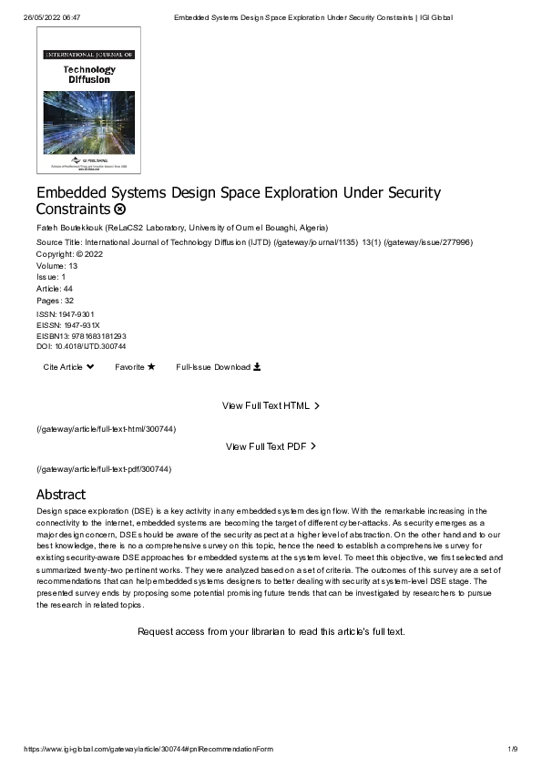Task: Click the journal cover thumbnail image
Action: (88, 99)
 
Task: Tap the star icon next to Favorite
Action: (151, 367)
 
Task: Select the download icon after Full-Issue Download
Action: (257, 367)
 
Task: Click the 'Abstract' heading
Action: (61, 495)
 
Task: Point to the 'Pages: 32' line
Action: (56, 300)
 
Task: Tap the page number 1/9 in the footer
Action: (512, 749)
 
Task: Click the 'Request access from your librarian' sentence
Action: (271, 631)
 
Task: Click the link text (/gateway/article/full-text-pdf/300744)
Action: (104, 469)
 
